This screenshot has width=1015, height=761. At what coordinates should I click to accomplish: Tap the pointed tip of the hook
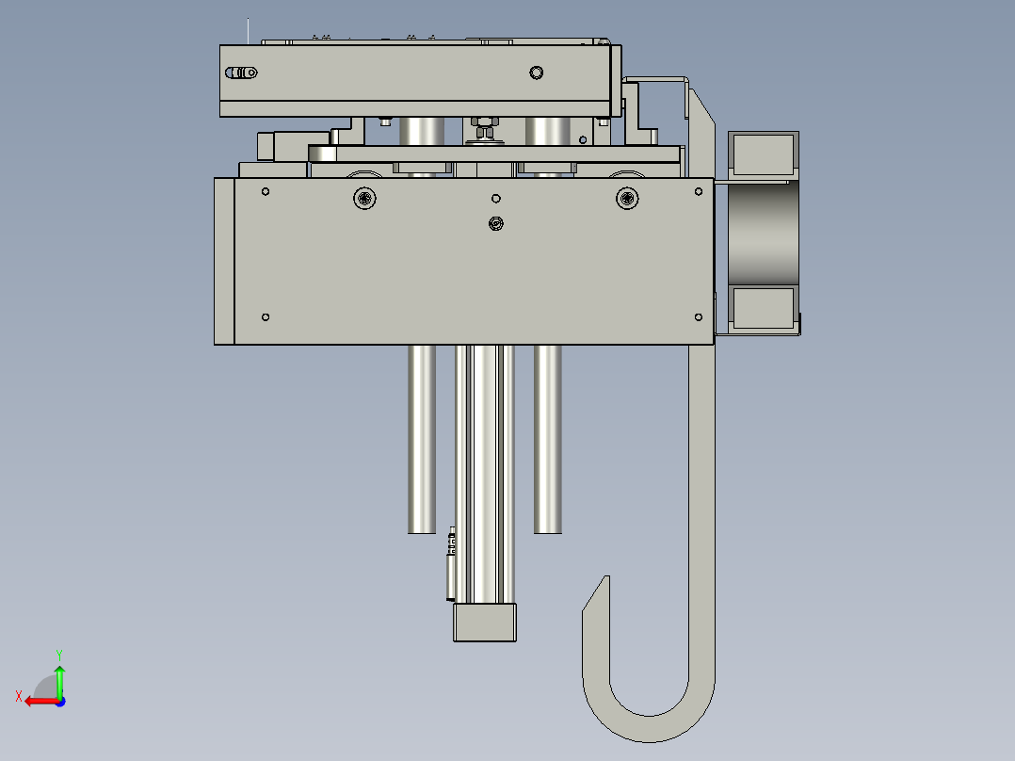tap(604, 580)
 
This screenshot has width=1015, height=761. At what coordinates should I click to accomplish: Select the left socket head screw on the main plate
tap(364, 198)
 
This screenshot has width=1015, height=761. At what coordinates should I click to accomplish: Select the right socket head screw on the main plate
tap(627, 198)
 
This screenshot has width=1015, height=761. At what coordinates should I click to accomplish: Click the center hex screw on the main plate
tap(495, 223)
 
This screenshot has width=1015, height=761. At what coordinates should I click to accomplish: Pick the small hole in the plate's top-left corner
tap(266, 192)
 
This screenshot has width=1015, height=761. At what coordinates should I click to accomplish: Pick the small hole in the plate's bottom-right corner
tap(698, 316)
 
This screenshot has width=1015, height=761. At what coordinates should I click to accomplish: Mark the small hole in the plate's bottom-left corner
tap(266, 316)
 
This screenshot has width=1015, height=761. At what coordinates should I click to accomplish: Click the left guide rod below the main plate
tap(422, 438)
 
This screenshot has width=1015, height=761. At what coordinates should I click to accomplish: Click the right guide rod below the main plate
tap(548, 438)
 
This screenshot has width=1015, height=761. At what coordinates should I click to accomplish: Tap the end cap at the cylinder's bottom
tap(485, 623)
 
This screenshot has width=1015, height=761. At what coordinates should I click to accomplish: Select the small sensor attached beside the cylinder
tap(451, 565)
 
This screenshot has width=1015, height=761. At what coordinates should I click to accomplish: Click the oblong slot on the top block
tap(243, 73)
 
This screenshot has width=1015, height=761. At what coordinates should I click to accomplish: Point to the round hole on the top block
tap(537, 73)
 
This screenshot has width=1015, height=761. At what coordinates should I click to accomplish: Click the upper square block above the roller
tap(763, 154)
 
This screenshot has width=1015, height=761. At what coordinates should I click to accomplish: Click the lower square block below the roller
tap(763, 308)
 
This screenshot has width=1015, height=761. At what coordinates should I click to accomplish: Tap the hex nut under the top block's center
tap(484, 122)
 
